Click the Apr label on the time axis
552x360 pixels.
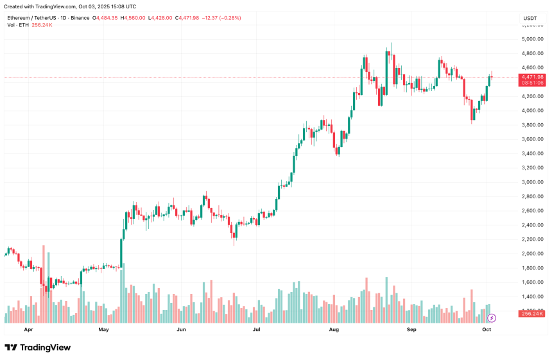point(28,329)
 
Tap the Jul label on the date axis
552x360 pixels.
point(256,329)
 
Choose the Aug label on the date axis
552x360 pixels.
point(334,329)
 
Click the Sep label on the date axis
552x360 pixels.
point(411,329)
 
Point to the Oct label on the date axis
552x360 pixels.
point(487,329)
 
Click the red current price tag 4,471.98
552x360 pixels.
point(533,77)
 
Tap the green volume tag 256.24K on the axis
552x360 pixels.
point(533,314)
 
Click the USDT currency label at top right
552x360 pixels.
point(530,18)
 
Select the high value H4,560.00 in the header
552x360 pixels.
point(134,18)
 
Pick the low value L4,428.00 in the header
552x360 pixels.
point(161,18)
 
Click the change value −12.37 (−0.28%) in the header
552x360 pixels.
point(221,18)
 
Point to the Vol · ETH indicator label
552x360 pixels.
point(18,25)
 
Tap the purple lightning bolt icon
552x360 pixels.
point(492,318)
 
